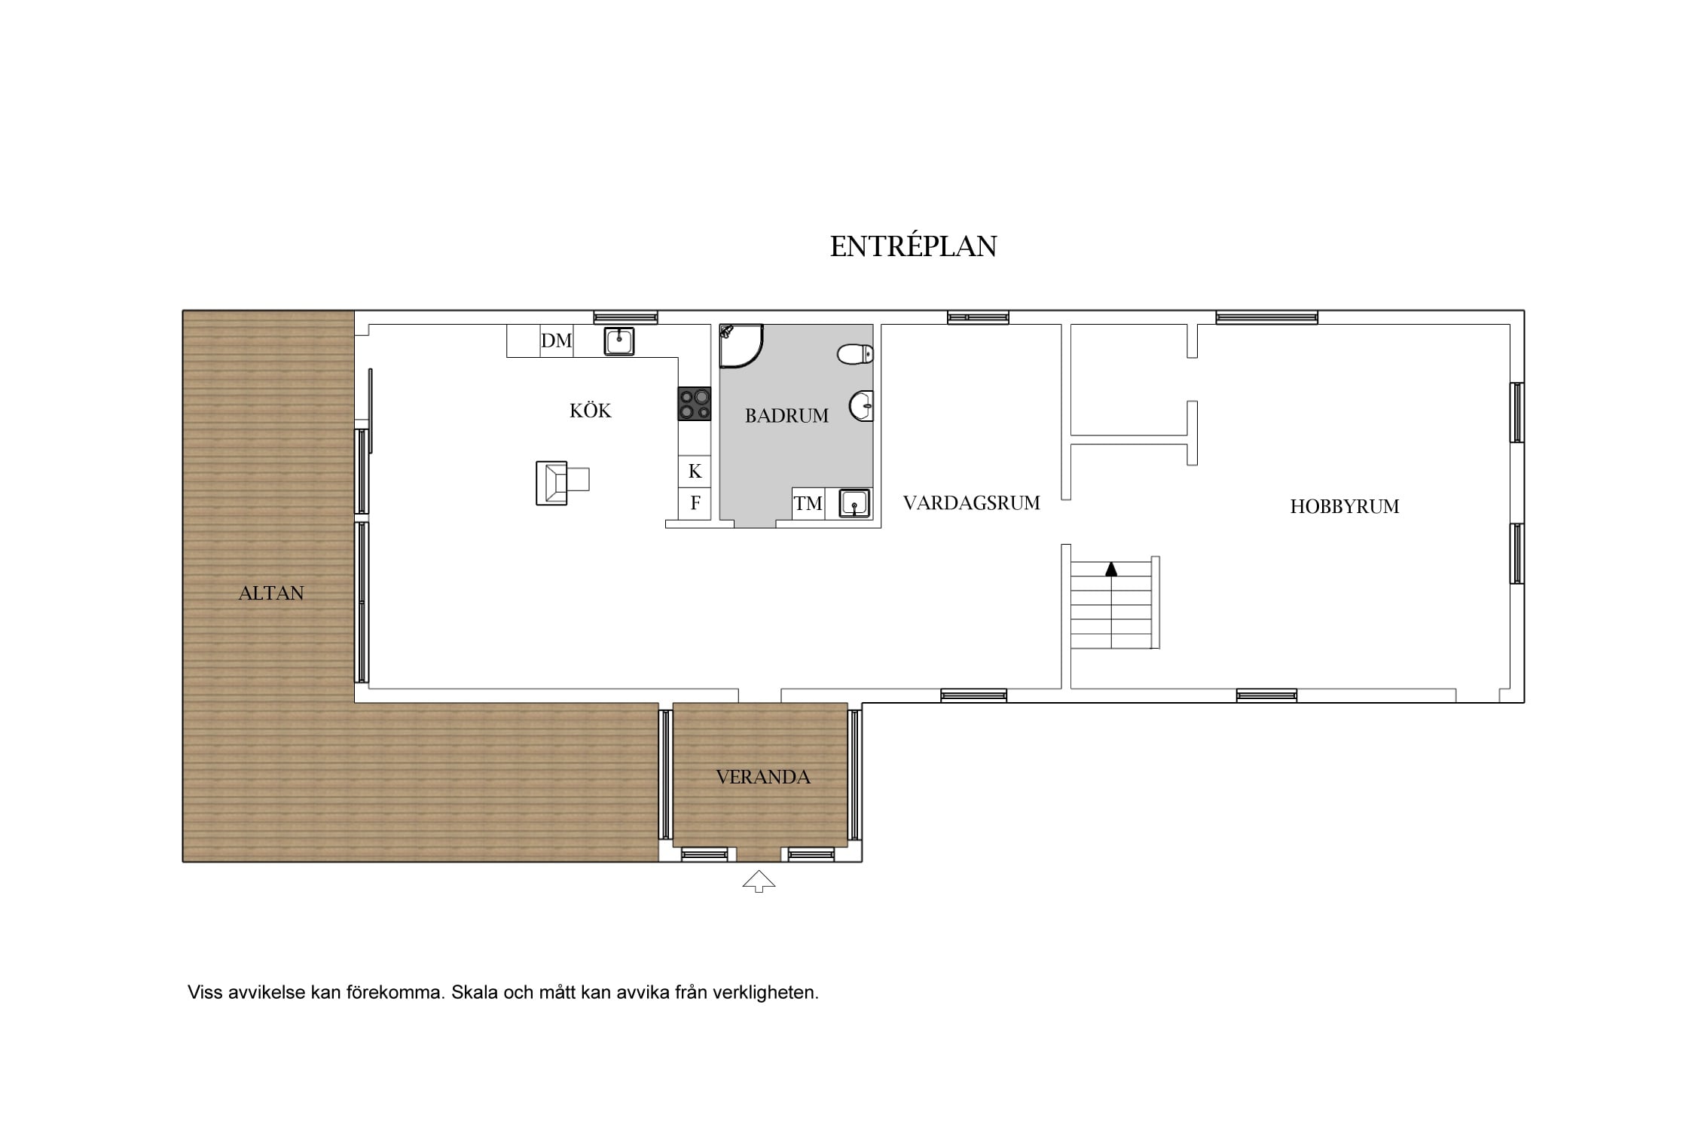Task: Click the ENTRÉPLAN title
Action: (913, 246)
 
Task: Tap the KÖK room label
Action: (590, 411)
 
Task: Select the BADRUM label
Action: (786, 415)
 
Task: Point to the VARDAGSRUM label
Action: (971, 502)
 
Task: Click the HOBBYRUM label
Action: (1344, 506)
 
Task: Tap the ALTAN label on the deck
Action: (271, 593)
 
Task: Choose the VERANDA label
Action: (762, 777)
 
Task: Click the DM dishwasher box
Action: (557, 341)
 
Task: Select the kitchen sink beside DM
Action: (619, 341)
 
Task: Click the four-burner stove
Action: (695, 404)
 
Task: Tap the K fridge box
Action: (695, 471)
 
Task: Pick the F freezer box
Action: (695, 503)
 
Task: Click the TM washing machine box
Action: (808, 503)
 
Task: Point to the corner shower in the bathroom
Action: (741, 346)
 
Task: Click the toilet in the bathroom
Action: (856, 353)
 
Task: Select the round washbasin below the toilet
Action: (862, 406)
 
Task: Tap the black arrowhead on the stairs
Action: (1111, 569)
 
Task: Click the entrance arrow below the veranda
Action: (759, 881)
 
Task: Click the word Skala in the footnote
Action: (475, 992)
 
